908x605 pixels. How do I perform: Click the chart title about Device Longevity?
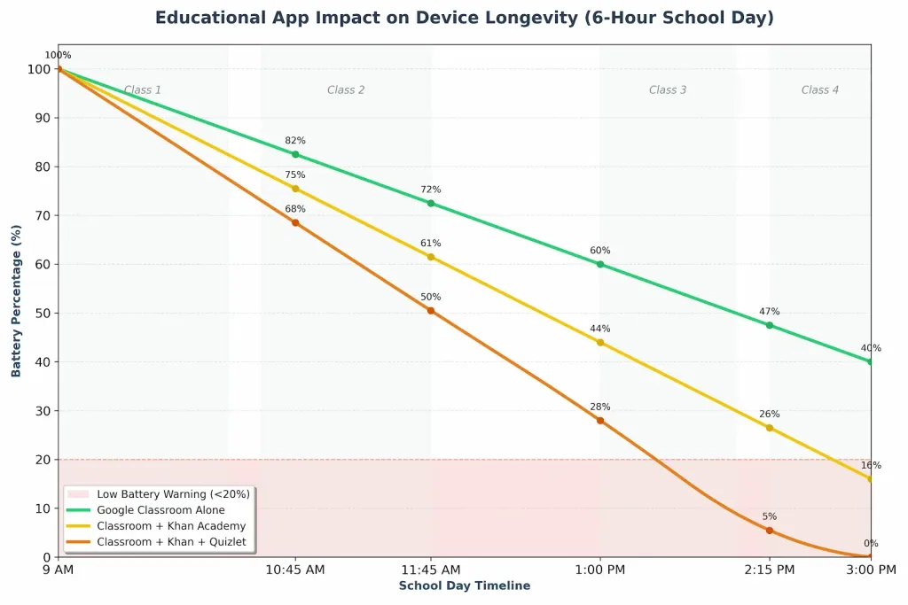[x=464, y=18]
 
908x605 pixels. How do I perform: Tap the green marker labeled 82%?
[x=295, y=154]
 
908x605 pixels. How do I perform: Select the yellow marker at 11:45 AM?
[x=431, y=257]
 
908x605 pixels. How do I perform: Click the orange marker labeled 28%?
[x=600, y=421]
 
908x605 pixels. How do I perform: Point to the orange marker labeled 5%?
[x=770, y=531]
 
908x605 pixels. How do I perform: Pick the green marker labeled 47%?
[x=770, y=325]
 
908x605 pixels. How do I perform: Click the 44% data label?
[x=600, y=329]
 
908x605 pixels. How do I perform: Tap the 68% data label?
[x=295, y=209]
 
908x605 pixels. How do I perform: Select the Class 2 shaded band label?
[x=346, y=90]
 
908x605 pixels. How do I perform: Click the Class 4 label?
[x=820, y=90]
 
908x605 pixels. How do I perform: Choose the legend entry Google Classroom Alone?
[x=160, y=510]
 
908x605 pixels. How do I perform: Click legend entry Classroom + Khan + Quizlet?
[x=171, y=541]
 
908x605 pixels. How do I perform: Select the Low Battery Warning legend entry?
[x=173, y=494]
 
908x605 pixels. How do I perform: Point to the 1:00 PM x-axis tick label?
[x=600, y=570]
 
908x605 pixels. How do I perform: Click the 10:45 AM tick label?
[x=295, y=570]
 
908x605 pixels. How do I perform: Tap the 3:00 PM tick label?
[x=871, y=570]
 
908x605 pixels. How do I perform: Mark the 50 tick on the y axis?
[x=41, y=313]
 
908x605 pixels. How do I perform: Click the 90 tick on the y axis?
[x=41, y=118]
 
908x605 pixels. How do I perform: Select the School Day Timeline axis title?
[x=464, y=586]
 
